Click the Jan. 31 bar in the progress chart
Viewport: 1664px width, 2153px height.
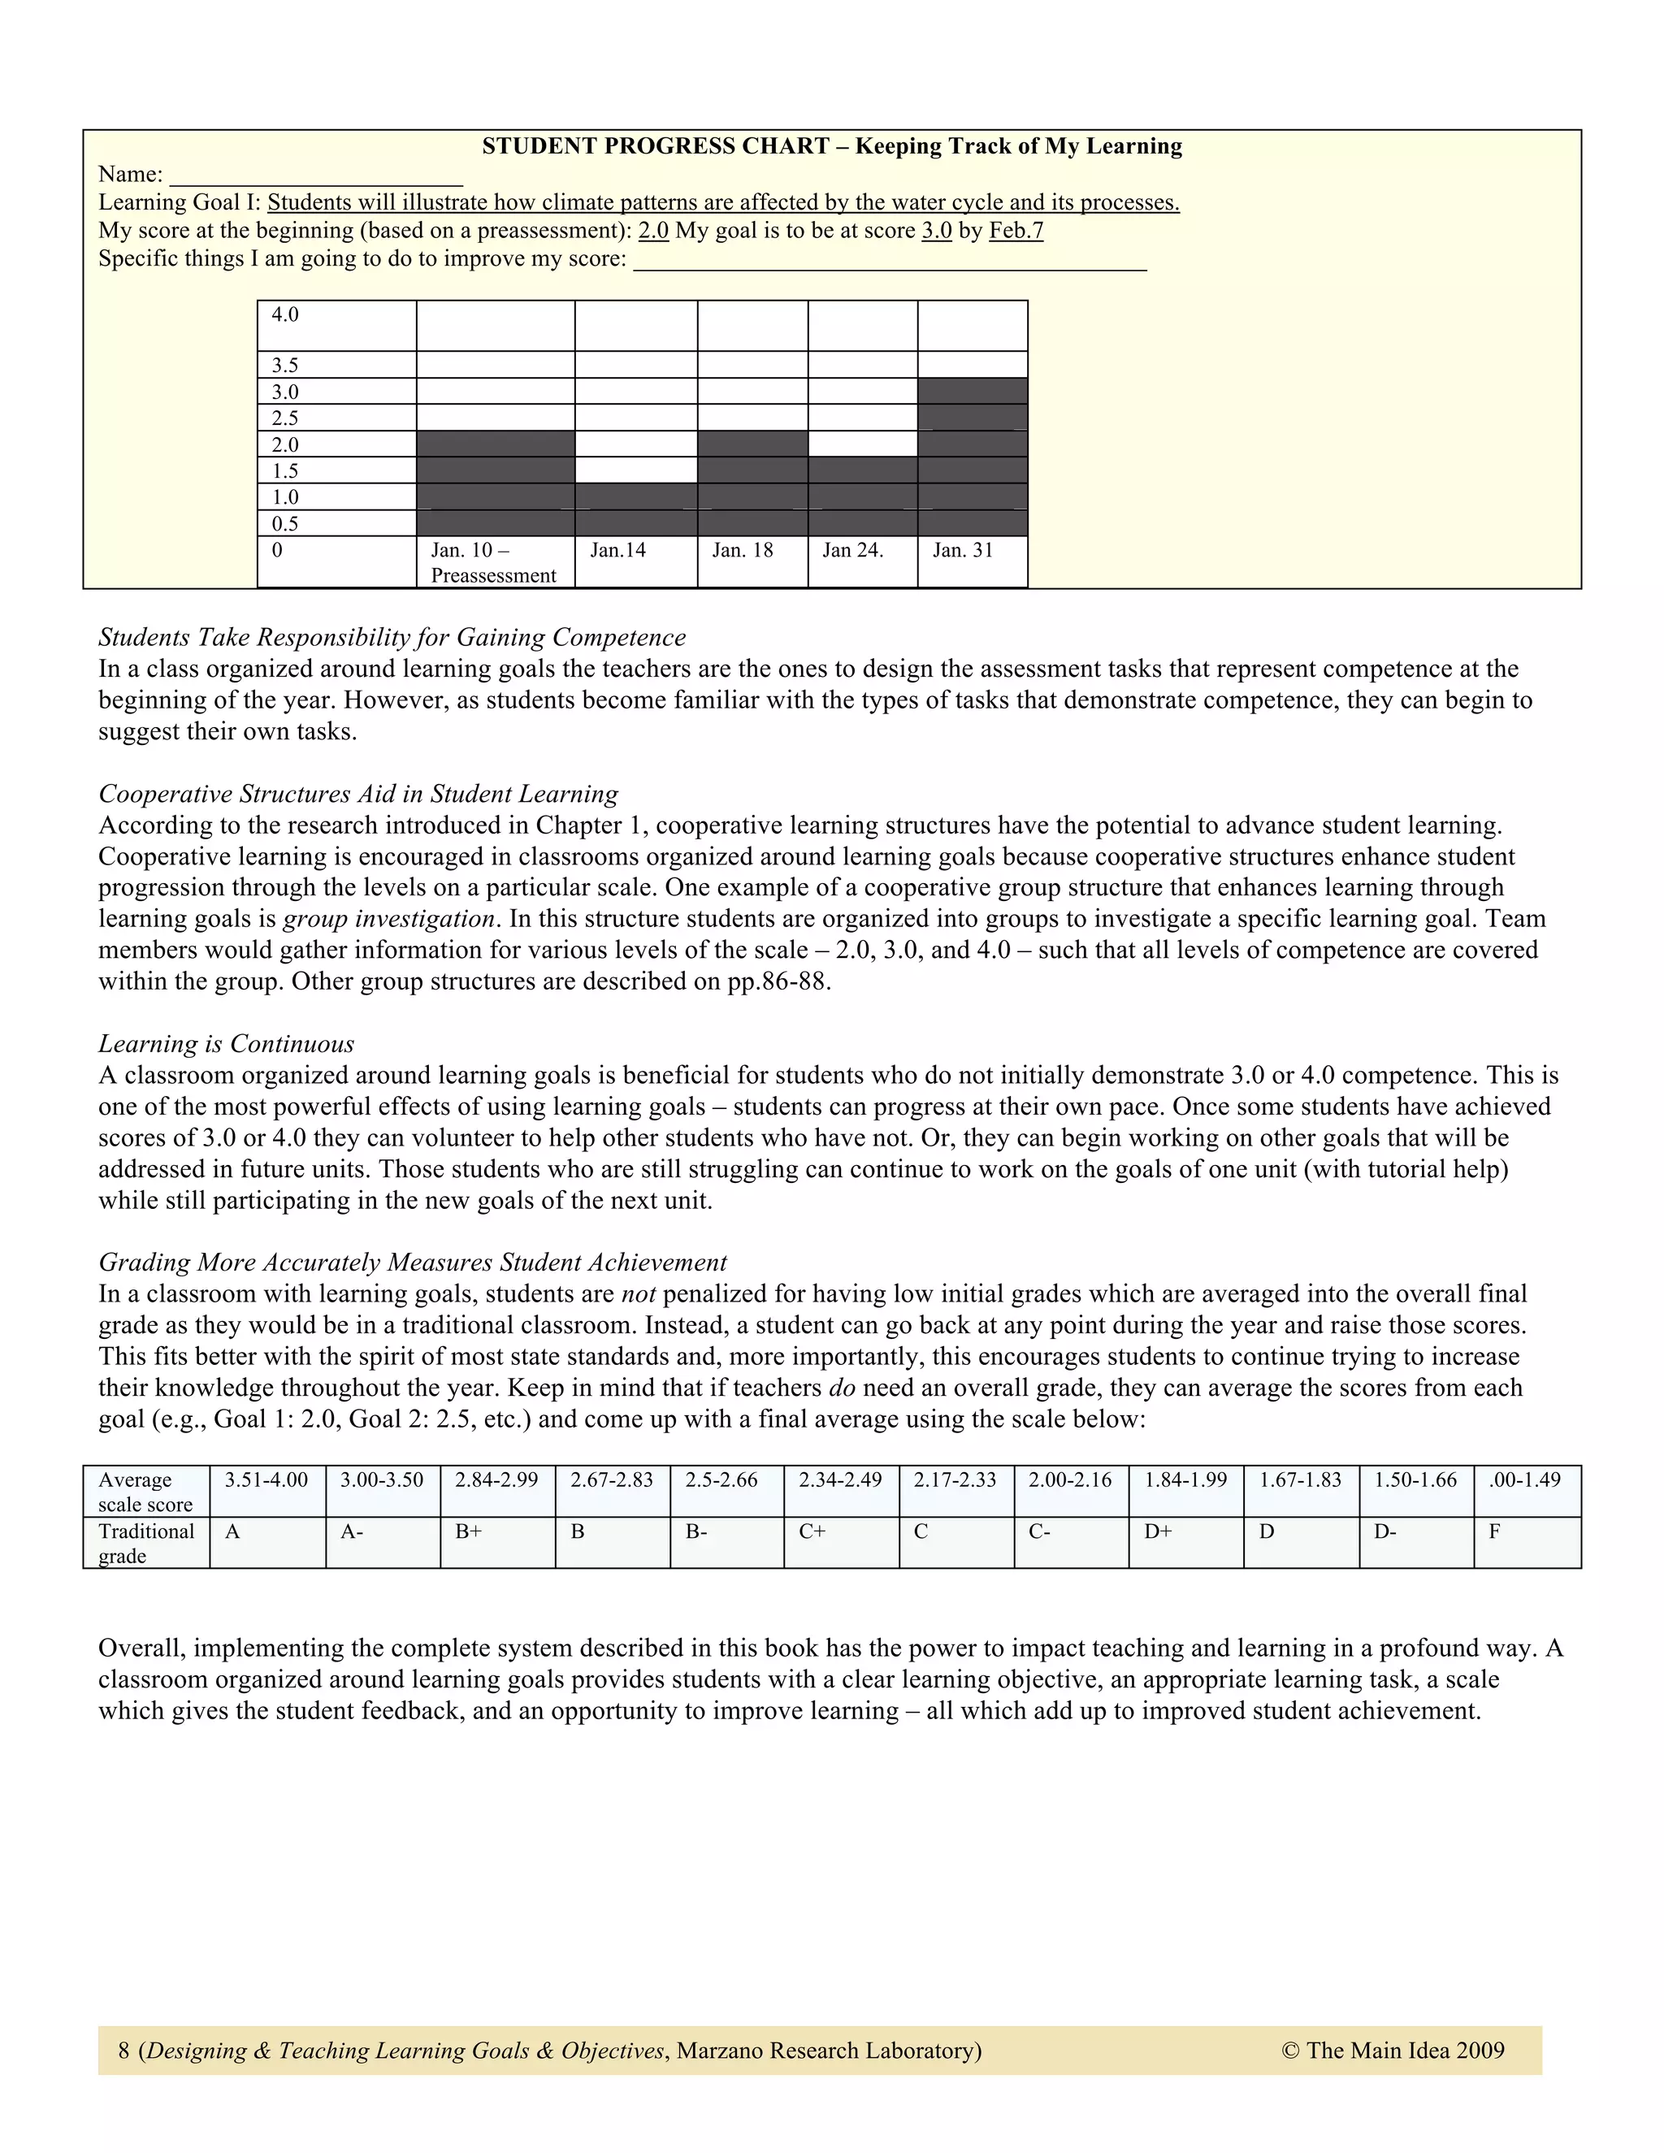click(x=972, y=457)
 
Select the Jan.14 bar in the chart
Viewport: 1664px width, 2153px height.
click(x=636, y=509)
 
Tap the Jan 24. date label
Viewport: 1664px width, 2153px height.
click(x=852, y=550)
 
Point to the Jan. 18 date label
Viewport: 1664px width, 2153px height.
click(x=743, y=550)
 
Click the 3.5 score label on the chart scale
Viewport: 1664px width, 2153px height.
click(x=285, y=366)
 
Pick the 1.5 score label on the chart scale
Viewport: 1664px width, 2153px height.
click(x=285, y=471)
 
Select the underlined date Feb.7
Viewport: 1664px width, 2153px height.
click(x=1016, y=231)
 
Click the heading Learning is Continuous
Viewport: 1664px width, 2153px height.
click(x=226, y=1044)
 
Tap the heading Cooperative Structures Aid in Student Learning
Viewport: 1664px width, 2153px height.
click(x=357, y=794)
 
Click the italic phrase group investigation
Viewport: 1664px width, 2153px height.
click(x=388, y=919)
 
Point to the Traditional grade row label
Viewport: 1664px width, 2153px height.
click(x=146, y=1543)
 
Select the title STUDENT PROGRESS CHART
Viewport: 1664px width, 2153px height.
click(x=655, y=147)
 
